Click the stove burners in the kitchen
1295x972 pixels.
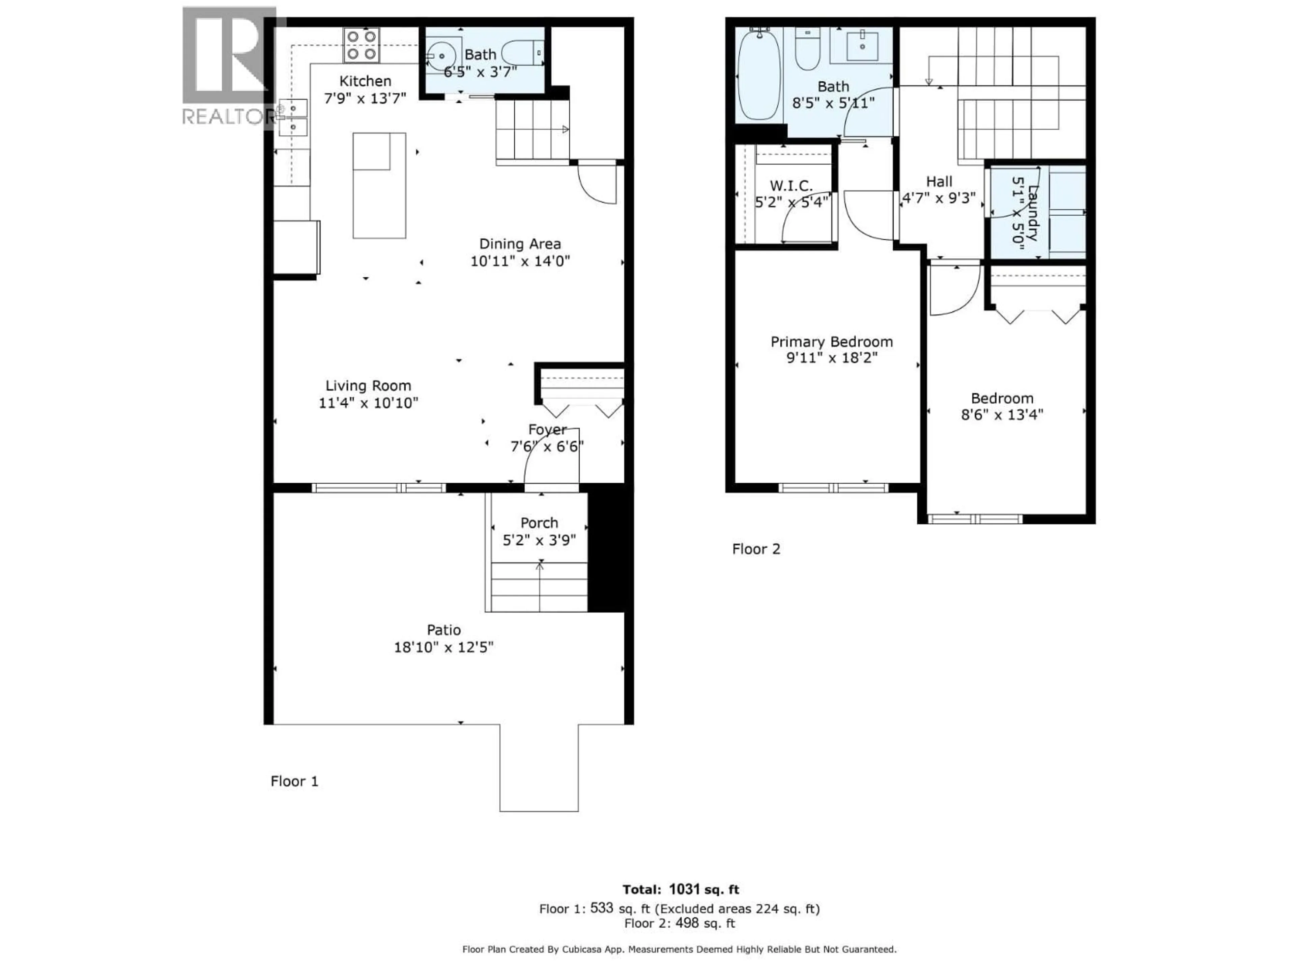[361, 45]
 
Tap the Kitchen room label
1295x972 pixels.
[365, 81]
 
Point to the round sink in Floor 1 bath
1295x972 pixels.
[440, 56]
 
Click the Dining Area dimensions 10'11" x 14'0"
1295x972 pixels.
[520, 261]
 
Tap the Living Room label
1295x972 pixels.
[368, 385]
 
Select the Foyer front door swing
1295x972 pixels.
[550, 457]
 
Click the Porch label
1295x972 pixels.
[539, 522]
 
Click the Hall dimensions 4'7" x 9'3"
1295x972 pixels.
[939, 198]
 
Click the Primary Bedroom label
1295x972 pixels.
[831, 342]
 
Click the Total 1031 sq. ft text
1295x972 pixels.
[680, 889]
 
